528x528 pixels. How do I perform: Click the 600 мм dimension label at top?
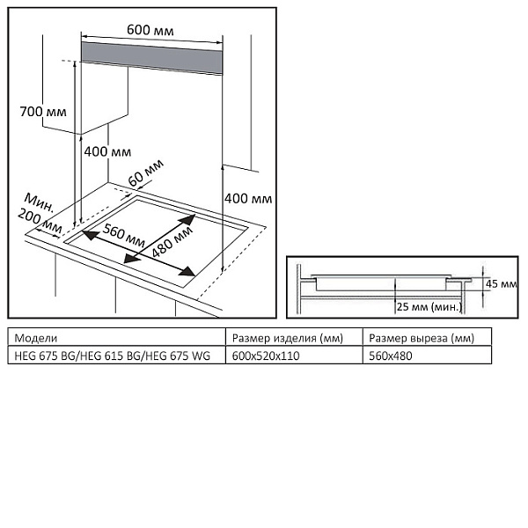150,30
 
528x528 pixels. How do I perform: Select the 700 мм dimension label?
43,112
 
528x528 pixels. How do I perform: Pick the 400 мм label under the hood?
107,151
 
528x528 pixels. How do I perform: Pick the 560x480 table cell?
391,356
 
